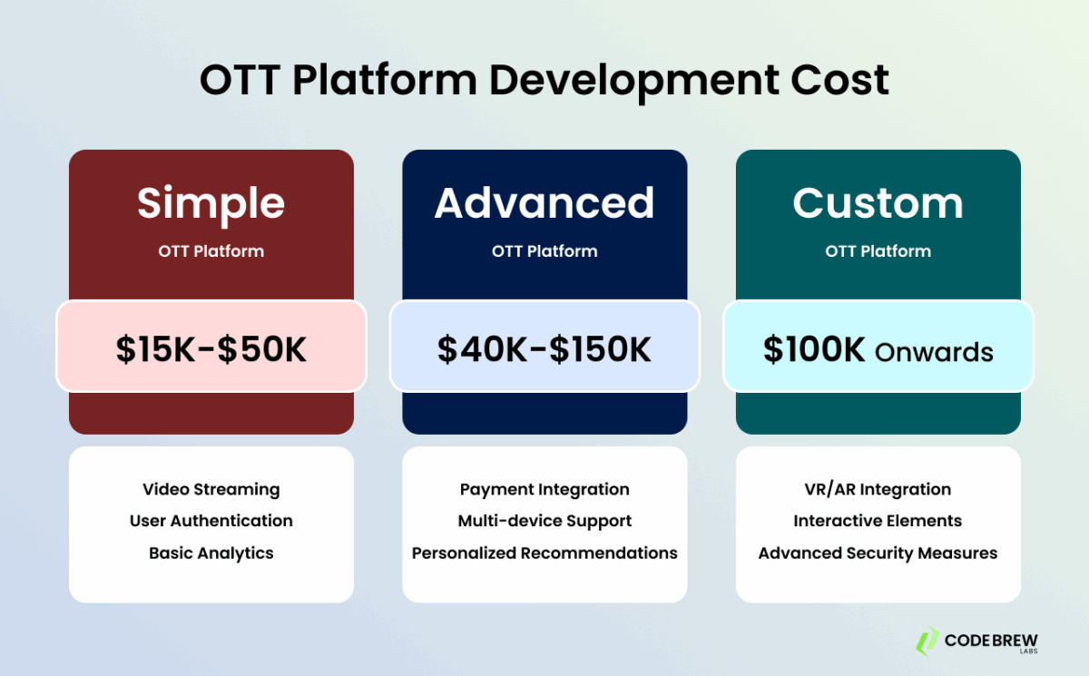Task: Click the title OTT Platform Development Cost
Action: point(544,81)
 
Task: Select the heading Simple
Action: point(211,203)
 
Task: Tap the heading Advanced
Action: point(544,203)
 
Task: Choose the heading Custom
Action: point(878,203)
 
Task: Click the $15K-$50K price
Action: point(211,350)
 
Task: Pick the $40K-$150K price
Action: point(544,350)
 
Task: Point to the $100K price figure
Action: point(814,350)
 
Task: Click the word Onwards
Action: point(934,352)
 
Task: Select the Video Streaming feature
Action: point(211,489)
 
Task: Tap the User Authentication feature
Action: point(211,521)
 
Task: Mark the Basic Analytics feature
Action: point(211,553)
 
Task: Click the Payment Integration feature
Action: point(544,489)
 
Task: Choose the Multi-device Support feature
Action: point(544,521)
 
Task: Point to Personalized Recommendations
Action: point(544,553)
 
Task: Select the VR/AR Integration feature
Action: point(878,489)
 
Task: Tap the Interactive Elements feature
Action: point(878,521)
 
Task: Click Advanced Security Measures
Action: point(878,553)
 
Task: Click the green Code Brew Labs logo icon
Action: point(927,640)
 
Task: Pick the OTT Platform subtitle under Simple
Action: point(211,251)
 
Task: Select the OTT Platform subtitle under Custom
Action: point(878,251)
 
